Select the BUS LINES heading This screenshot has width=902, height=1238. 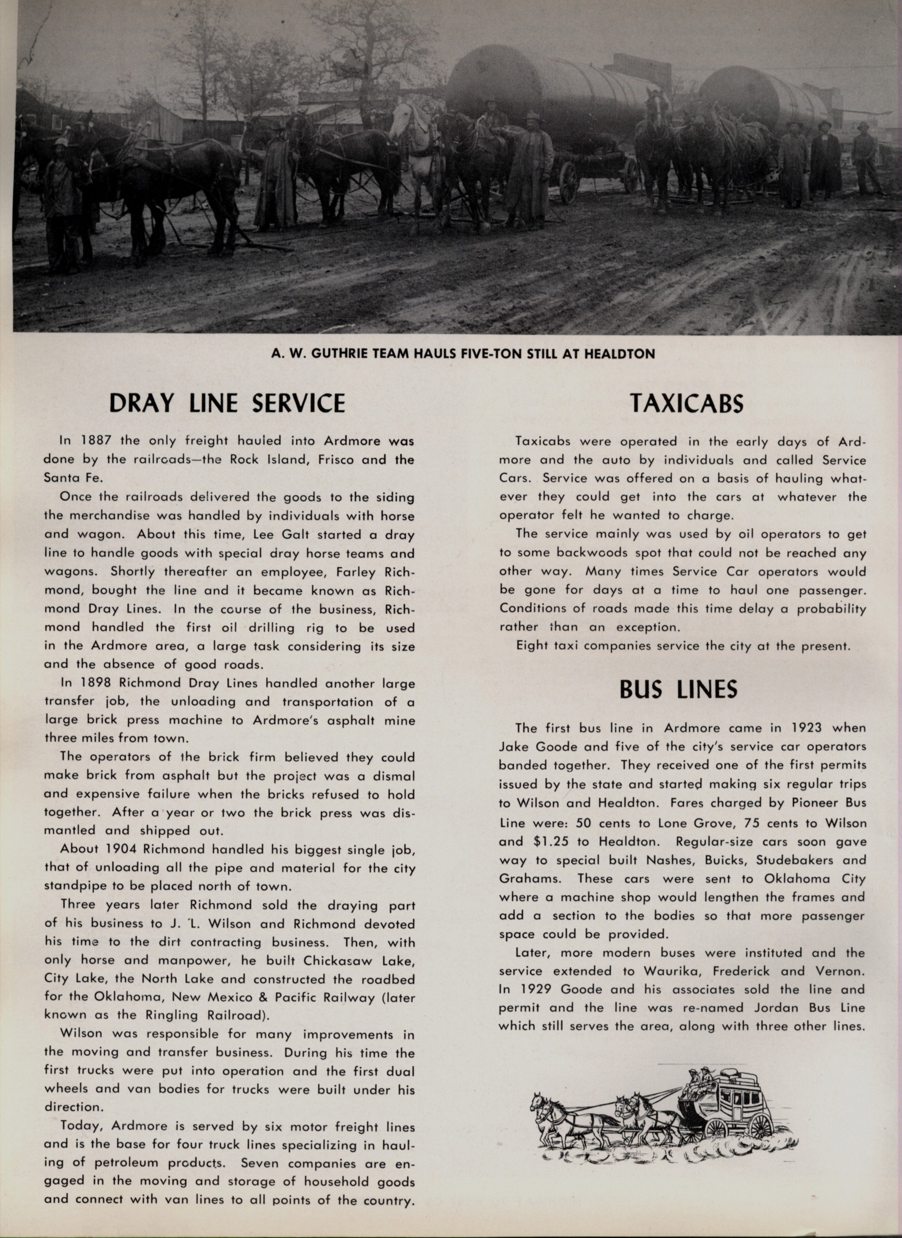[x=678, y=689]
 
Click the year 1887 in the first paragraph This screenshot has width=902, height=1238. [x=96, y=440]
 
